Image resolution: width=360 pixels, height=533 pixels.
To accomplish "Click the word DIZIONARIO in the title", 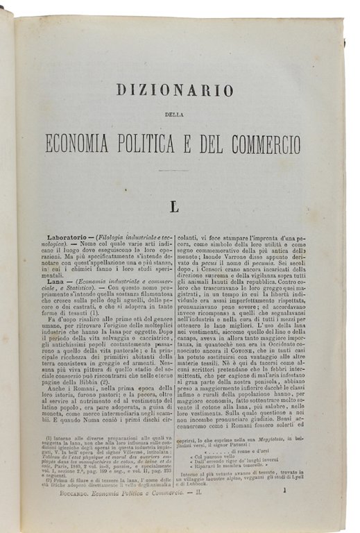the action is [173, 89].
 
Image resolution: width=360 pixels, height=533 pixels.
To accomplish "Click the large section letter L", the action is [173, 206].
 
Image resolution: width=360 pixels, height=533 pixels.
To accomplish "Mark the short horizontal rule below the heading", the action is [173, 170].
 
